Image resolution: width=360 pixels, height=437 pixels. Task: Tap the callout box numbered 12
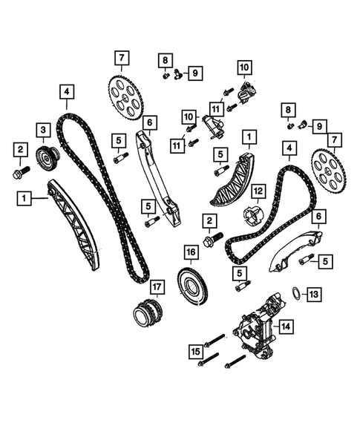(258, 191)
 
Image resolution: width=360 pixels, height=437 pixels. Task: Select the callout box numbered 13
(314, 295)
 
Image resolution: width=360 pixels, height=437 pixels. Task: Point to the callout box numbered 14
(286, 326)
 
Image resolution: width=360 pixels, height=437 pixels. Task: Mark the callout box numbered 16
(192, 253)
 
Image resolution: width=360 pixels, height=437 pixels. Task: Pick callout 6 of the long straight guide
(150, 122)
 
